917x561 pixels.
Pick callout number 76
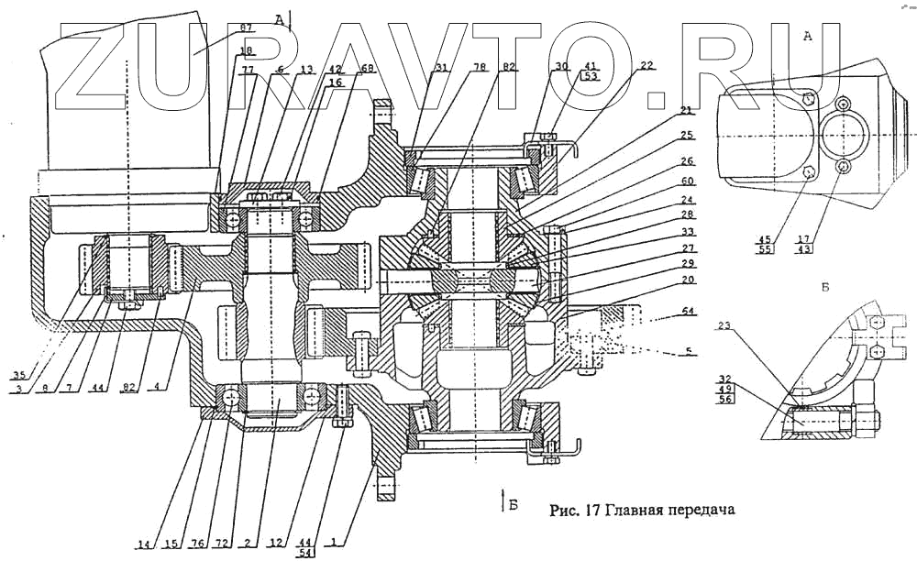(x=196, y=544)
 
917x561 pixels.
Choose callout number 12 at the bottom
(x=275, y=544)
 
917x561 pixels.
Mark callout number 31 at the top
(x=443, y=68)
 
